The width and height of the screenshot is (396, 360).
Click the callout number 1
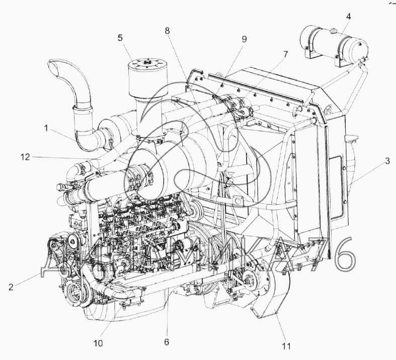click(46, 128)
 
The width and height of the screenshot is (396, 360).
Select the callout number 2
click(11, 287)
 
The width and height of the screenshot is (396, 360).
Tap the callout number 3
click(387, 161)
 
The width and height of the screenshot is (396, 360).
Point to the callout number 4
click(349, 17)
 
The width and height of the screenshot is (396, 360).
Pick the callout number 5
click(120, 38)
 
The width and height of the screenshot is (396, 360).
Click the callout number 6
click(167, 342)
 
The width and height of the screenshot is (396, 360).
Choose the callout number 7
click(285, 54)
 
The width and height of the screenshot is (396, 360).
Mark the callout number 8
click(167, 31)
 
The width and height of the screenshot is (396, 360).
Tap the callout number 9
click(244, 39)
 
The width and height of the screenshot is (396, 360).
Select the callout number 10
click(98, 343)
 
